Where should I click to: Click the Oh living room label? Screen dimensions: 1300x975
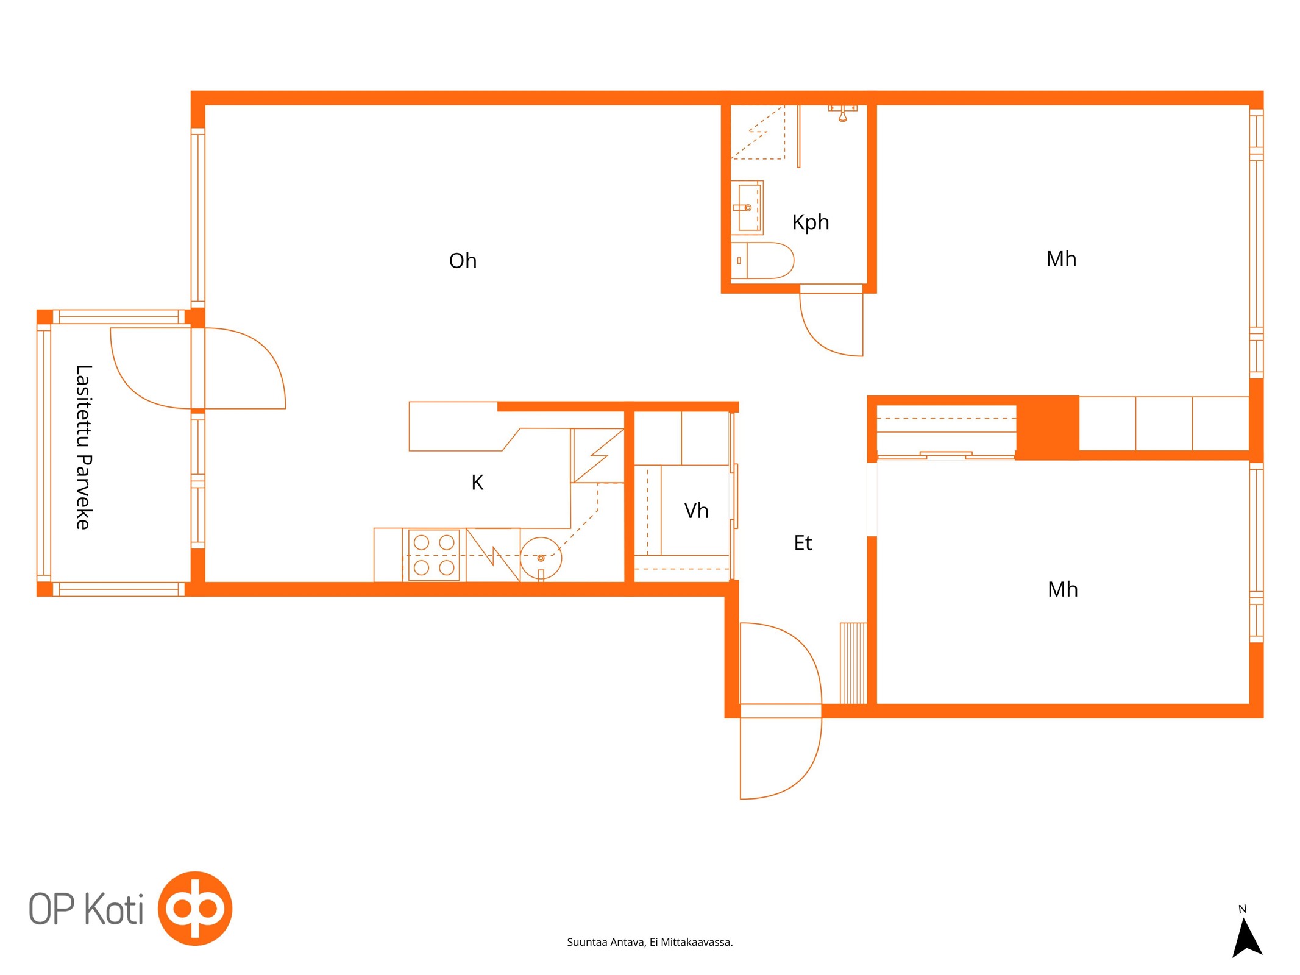(x=463, y=261)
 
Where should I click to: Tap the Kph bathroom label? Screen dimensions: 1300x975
(x=811, y=222)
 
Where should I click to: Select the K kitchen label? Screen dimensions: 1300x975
(x=477, y=483)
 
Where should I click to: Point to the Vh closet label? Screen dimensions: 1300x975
(x=696, y=511)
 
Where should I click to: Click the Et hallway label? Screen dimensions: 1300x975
(x=803, y=543)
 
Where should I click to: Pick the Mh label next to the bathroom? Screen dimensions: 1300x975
(x=1061, y=259)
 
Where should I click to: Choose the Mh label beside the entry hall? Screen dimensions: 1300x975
(x=1062, y=589)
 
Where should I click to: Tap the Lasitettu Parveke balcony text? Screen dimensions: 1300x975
(x=83, y=447)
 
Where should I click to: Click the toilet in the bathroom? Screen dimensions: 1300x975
(x=762, y=261)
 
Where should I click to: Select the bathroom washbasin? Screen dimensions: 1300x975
(x=747, y=208)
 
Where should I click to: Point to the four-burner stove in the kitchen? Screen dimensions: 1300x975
(x=434, y=555)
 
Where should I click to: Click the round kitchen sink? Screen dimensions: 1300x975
(x=541, y=558)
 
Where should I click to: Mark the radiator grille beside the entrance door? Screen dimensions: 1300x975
(x=853, y=664)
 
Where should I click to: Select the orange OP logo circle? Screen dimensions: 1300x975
(x=195, y=909)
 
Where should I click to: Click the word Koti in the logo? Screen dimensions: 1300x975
(x=114, y=909)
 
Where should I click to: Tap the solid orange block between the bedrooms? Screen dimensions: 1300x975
(x=1047, y=428)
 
